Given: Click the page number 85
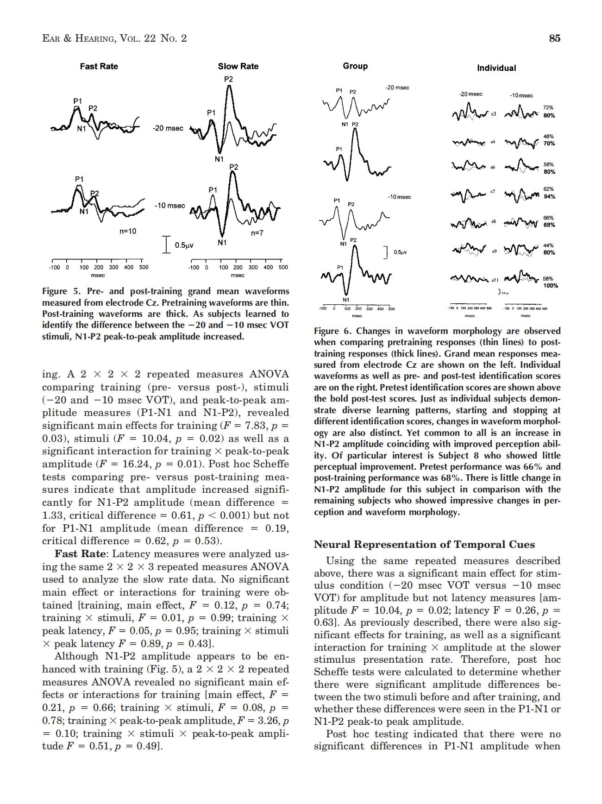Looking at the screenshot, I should (x=554, y=38).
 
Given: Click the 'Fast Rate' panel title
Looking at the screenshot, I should (x=99, y=66).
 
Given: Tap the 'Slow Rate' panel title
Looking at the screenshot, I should (x=238, y=66).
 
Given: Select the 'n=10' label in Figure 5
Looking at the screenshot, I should (x=128, y=231).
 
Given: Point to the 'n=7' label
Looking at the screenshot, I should (x=257, y=233).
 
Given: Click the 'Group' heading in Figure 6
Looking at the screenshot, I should (x=355, y=66).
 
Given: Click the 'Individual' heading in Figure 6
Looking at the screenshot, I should (x=496, y=68).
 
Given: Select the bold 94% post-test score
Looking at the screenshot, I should (x=549, y=196).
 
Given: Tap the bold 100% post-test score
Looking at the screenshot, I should (x=550, y=286).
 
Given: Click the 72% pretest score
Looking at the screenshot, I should (x=548, y=107).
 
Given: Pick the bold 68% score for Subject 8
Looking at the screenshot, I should (x=549, y=225).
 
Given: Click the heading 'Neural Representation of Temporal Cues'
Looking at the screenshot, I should (x=424, y=544).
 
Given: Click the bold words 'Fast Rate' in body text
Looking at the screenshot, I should (x=81, y=554).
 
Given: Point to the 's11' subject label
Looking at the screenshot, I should (x=495, y=280).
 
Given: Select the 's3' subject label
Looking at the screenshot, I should (x=494, y=113).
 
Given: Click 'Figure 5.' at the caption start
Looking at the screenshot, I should (x=61, y=291).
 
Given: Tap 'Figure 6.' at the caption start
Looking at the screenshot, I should (x=333, y=331).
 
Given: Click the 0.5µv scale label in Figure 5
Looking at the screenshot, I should (x=183, y=245).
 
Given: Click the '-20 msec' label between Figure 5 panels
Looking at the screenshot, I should (x=168, y=128).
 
